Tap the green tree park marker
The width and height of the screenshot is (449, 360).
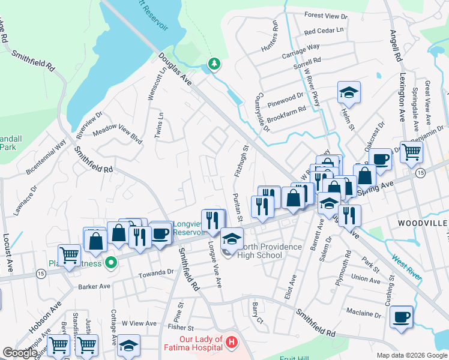point(213,63)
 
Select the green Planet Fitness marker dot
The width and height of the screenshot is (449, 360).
point(110,262)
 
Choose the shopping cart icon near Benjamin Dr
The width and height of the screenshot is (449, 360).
point(411,152)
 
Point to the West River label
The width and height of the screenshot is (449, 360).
point(406,268)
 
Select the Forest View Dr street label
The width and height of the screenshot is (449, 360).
point(326,16)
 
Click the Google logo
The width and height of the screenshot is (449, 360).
point(20,353)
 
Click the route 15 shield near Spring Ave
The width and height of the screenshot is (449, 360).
point(421,173)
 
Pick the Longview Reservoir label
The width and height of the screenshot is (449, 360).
point(188,227)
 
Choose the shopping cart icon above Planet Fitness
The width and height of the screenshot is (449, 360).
point(70,255)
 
